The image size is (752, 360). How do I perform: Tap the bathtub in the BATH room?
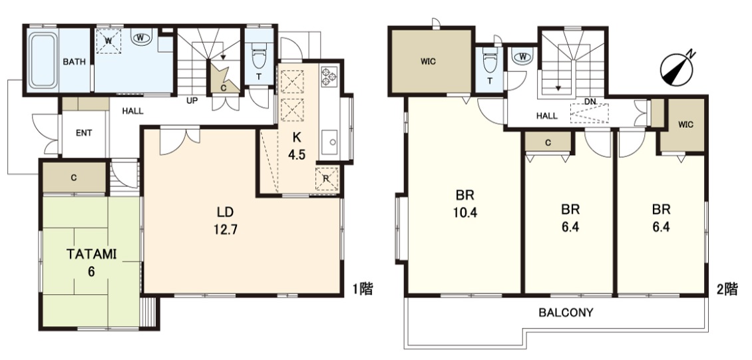(x=42, y=61)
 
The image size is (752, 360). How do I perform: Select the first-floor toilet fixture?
(x=258, y=57)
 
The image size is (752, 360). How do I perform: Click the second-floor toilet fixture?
(x=489, y=59)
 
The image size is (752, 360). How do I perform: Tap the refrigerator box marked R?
(x=327, y=179)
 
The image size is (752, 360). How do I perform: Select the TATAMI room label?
(x=91, y=254)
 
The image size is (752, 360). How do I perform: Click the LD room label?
(x=226, y=211)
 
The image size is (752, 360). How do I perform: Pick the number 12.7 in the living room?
(x=226, y=230)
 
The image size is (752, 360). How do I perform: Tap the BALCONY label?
(x=566, y=313)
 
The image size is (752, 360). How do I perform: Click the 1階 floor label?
(x=363, y=289)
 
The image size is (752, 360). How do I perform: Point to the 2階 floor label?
(x=727, y=289)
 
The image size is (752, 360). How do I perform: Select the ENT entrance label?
(x=84, y=133)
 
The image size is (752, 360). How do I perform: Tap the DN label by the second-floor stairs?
(x=590, y=102)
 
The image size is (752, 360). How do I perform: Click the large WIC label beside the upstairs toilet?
(x=429, y=62)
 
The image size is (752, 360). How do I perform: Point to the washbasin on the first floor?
(x=142, y=37)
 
